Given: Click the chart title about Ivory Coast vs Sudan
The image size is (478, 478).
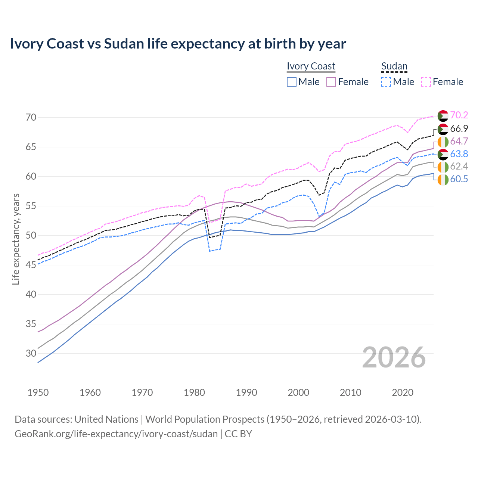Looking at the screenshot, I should click(178, 44).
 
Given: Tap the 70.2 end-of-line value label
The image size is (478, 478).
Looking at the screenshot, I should click(459, 116).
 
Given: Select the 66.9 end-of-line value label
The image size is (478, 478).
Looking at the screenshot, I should click(459, 129).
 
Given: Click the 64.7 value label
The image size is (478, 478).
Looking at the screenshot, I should click(459, 142).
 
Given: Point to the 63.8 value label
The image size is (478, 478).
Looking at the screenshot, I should click(459, 154).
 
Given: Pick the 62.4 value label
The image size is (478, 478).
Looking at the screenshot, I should click(459, 167).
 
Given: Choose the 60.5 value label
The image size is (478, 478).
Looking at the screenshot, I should click(459, 179).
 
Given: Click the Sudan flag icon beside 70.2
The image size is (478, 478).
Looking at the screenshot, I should click(443, 116).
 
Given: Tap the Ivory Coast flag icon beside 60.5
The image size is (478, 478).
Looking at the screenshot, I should click(443, 179).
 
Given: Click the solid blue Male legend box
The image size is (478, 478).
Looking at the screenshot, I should click(292, 82).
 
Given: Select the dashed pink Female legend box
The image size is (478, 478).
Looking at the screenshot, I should click(426, 82).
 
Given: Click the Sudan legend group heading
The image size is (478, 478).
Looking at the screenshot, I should click(394, 66).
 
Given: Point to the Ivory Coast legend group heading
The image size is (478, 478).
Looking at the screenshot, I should click(311, 66).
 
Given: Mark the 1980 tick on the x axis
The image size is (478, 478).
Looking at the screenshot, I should click(195, 392).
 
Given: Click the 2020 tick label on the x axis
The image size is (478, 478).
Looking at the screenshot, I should click(403, 392).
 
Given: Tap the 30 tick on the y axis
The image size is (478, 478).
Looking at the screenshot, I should click(31, 353).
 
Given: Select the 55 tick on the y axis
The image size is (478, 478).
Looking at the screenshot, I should click(31, 206).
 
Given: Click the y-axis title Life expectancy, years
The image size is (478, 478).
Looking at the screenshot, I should click(16, 239).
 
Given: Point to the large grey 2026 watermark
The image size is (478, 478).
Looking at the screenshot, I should click(394, 357).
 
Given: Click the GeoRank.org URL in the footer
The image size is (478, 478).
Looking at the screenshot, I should click(116, 434).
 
